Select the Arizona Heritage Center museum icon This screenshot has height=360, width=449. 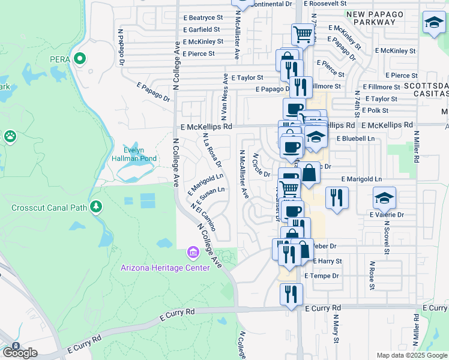[192, 252]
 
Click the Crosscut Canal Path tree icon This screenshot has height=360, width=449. [95, 207]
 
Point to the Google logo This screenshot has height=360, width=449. [19, 353]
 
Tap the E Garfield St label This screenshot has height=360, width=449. [204, 29]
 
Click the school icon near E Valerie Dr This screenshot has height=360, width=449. [384, 198]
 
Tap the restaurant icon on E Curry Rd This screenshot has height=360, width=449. [291, 295]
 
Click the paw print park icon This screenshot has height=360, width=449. [10, 137]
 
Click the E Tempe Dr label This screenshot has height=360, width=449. [322, 276]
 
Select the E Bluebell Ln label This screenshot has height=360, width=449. [355, 139]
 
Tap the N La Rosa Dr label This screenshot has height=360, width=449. [212, 150]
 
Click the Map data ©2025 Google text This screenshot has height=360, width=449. [412, 355]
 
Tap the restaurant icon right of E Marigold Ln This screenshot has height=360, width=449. [336, 198]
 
